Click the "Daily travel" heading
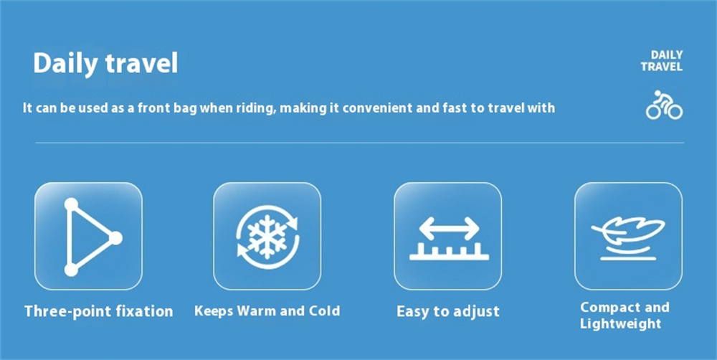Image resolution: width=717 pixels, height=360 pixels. click(x=105, y=64)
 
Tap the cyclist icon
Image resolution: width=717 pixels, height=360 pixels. click(x=664, y=105)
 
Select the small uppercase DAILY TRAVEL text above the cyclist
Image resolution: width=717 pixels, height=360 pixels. click(x=662, y=61)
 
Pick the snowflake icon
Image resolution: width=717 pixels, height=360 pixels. click(x=267, y=237)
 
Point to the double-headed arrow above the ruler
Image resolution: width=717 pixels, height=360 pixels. click(x=449, y=228)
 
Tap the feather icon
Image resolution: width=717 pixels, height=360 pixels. click(x=628, y=231)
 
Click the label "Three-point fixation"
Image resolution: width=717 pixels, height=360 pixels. click(x=99, y=311)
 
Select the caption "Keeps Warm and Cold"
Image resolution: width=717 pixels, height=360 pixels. click(x=267, y=311)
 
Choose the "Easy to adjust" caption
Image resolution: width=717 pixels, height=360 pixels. click(x=448, y=312)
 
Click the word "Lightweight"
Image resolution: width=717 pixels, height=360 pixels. click(x=620, y=324)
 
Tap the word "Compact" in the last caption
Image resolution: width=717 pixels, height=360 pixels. click(x=609, y=308)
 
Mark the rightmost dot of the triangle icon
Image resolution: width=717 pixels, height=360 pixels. click(x=115, y=238)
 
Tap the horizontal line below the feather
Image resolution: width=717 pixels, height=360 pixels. click(x=628, y=258)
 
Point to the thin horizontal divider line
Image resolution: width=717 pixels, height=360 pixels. click(x=360, y=143)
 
